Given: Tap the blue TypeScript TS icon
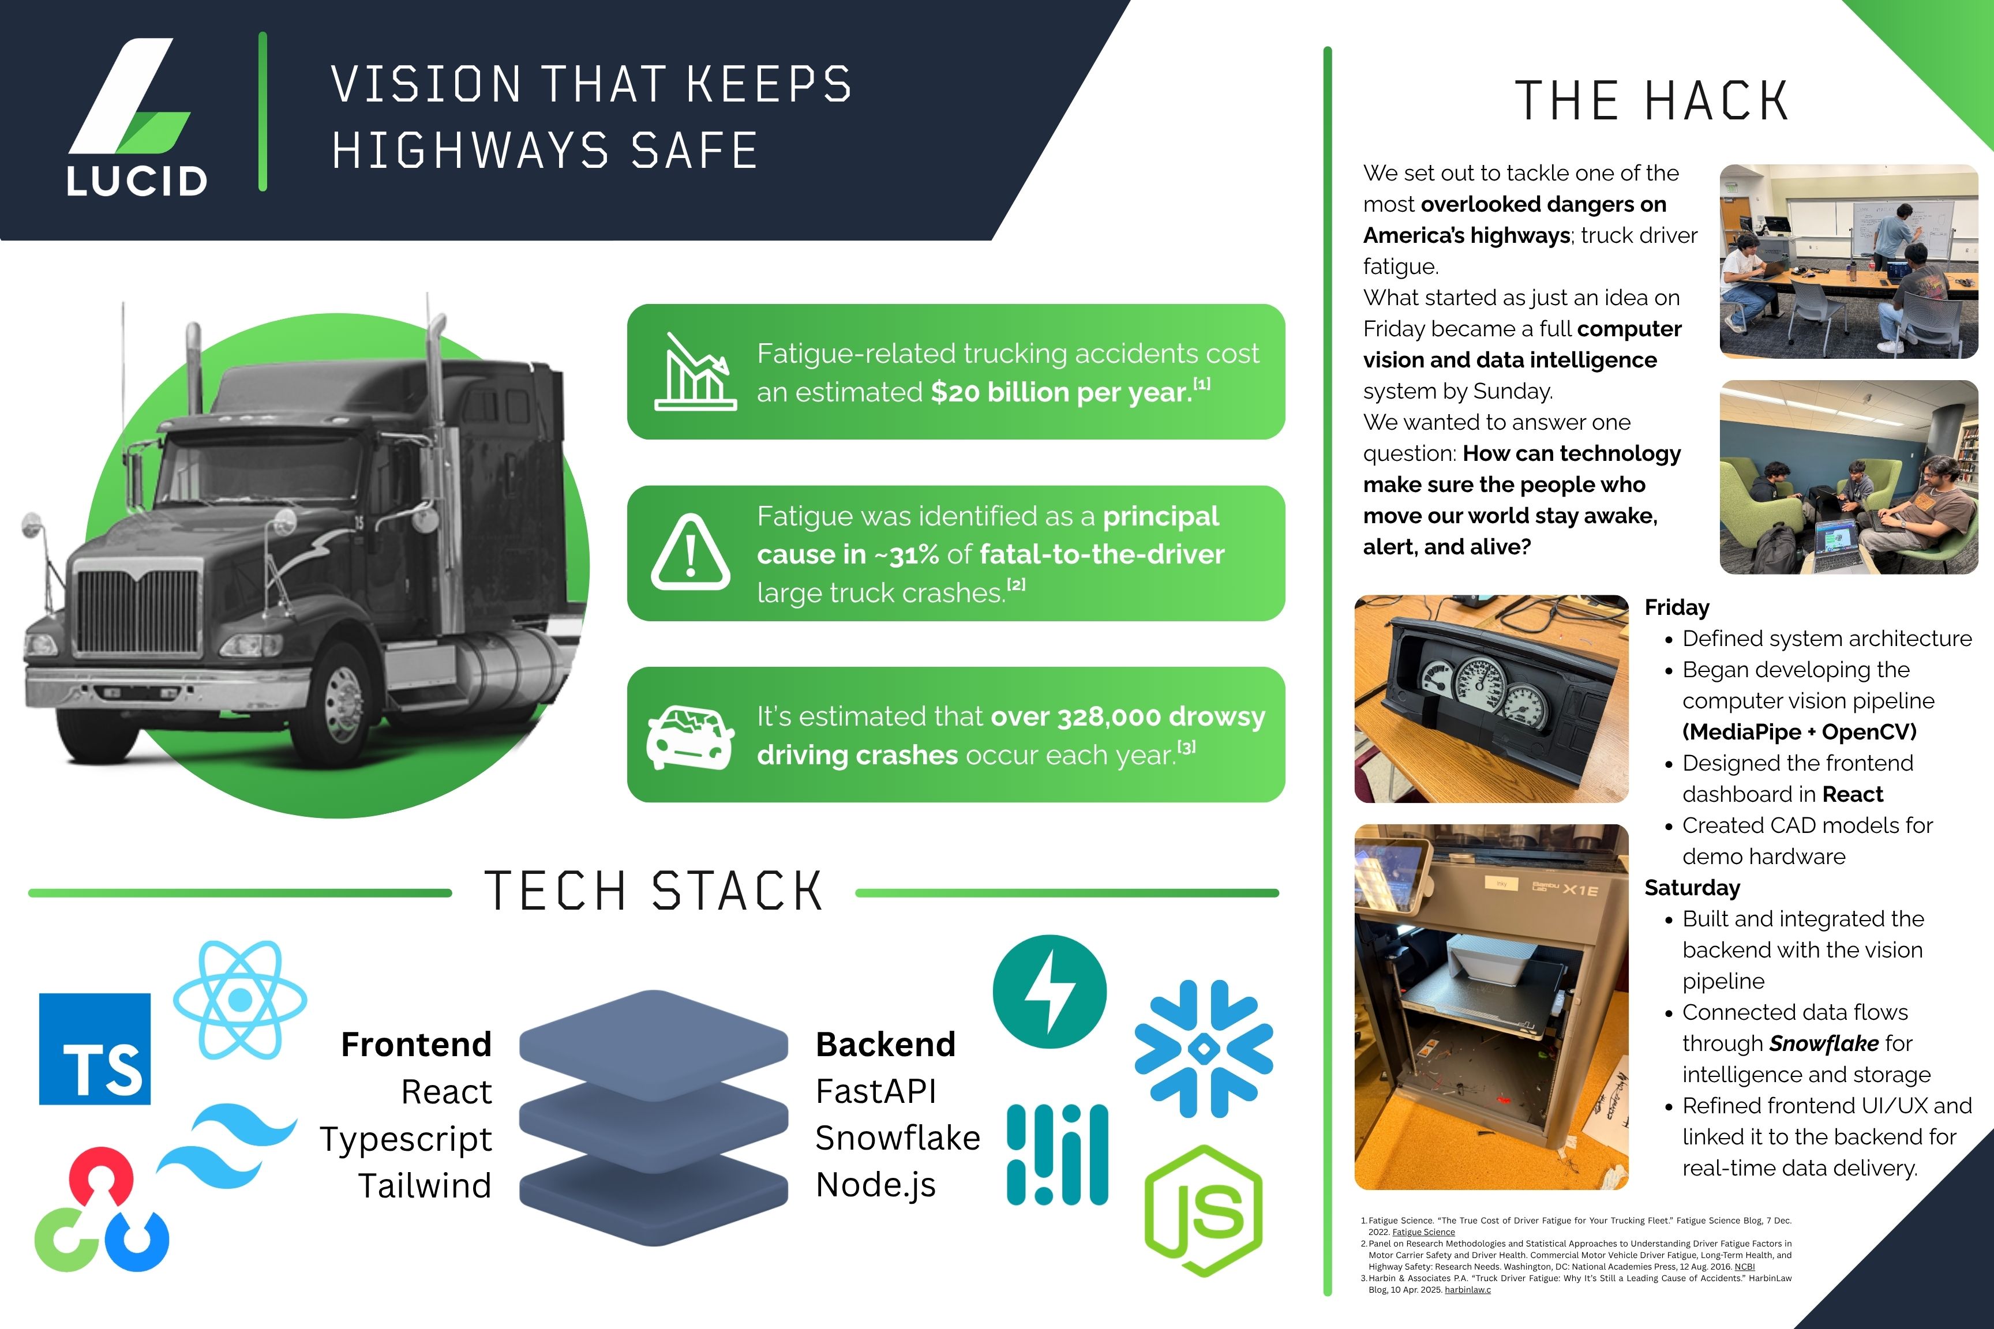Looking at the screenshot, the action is pos(95,1049).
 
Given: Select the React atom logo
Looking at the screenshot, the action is pos(240,1000).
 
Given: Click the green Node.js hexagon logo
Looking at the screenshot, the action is pos(1203,1210).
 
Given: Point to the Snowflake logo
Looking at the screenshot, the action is pos(1203,1049).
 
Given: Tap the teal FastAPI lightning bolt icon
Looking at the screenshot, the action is pos(1050,992).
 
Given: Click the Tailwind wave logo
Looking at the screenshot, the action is pos(227,1146).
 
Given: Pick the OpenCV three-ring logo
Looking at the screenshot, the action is pos(102,1210).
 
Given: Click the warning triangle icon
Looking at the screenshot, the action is pos(690,553).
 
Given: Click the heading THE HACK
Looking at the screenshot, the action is pos(1651,101).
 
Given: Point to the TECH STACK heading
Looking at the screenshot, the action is pos(653,892).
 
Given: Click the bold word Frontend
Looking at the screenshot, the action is pos(416,1044).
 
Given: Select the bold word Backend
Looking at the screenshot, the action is pos(885,1044).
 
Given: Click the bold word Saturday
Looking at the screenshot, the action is pos(1692,887).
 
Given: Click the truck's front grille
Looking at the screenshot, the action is pos(138,610).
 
